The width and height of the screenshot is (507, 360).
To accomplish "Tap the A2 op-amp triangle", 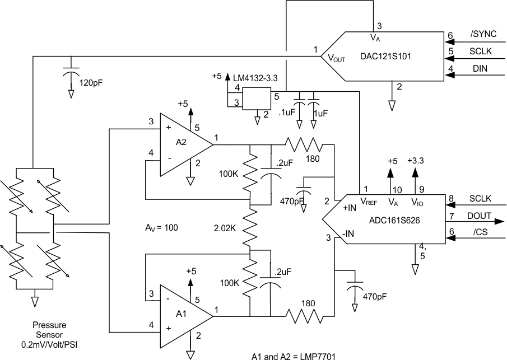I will [183, 144].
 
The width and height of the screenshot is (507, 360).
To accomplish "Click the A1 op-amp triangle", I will [183, 316].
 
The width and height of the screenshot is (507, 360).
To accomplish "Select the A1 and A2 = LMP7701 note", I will [294, 355].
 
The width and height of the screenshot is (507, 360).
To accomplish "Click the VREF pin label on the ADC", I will [371, 202].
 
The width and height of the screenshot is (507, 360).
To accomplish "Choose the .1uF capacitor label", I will [286, 113].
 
